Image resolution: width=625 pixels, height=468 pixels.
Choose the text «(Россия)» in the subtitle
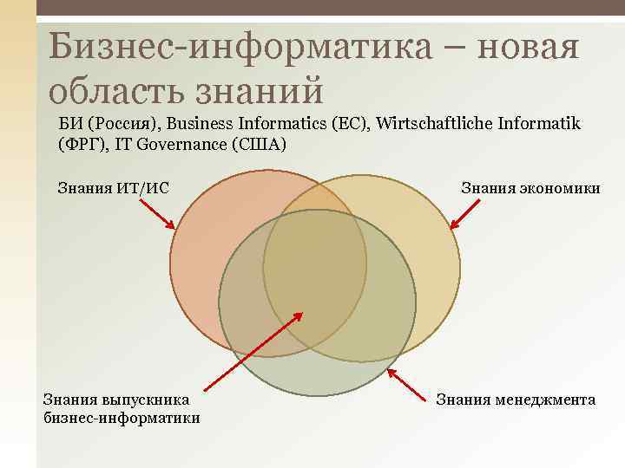coord(113,124)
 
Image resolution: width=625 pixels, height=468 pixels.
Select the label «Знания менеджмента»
coord(516,400)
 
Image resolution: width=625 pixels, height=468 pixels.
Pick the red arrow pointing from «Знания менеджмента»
coord(409,385)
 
